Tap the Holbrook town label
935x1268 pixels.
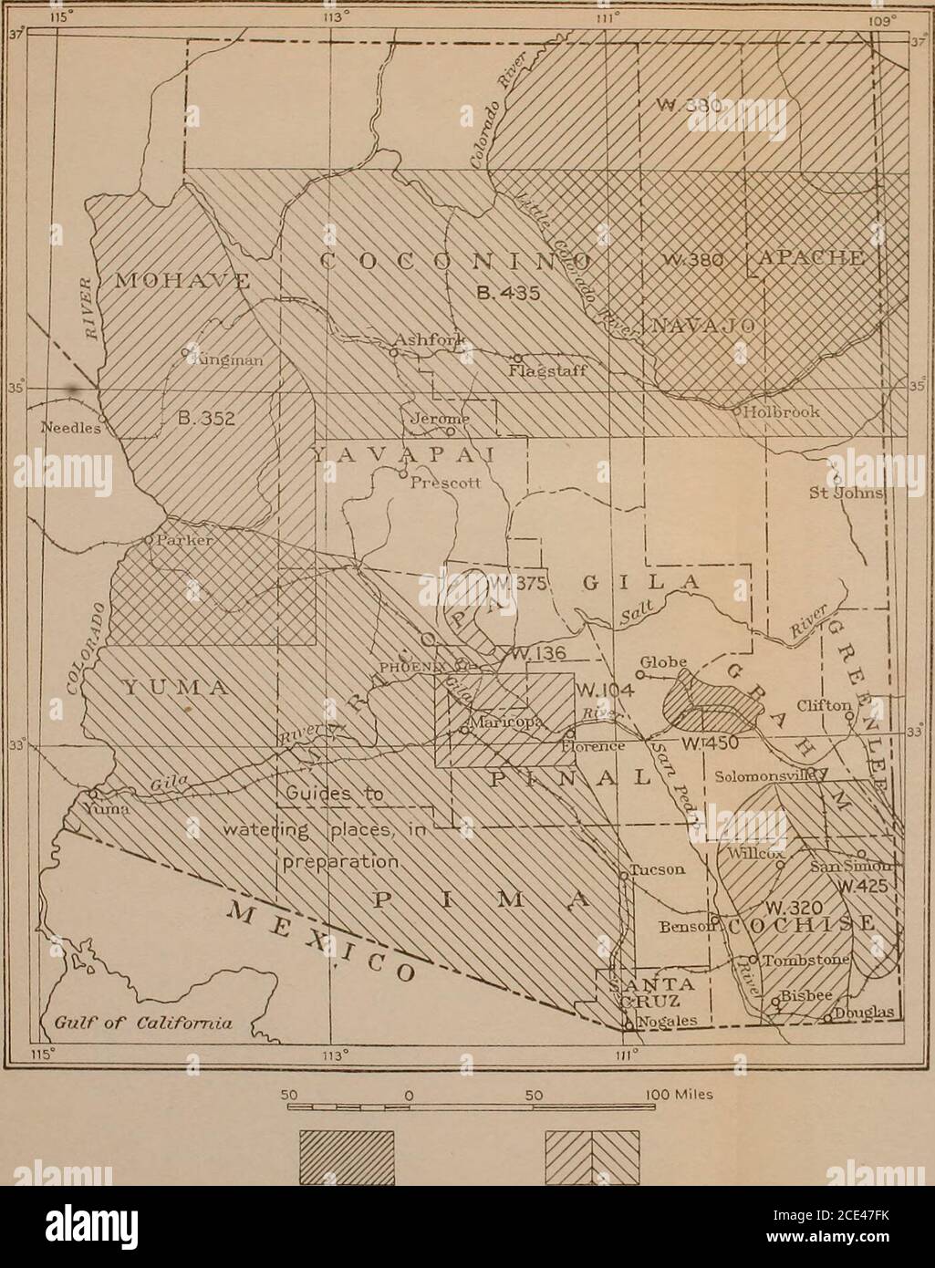coord(782,411)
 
